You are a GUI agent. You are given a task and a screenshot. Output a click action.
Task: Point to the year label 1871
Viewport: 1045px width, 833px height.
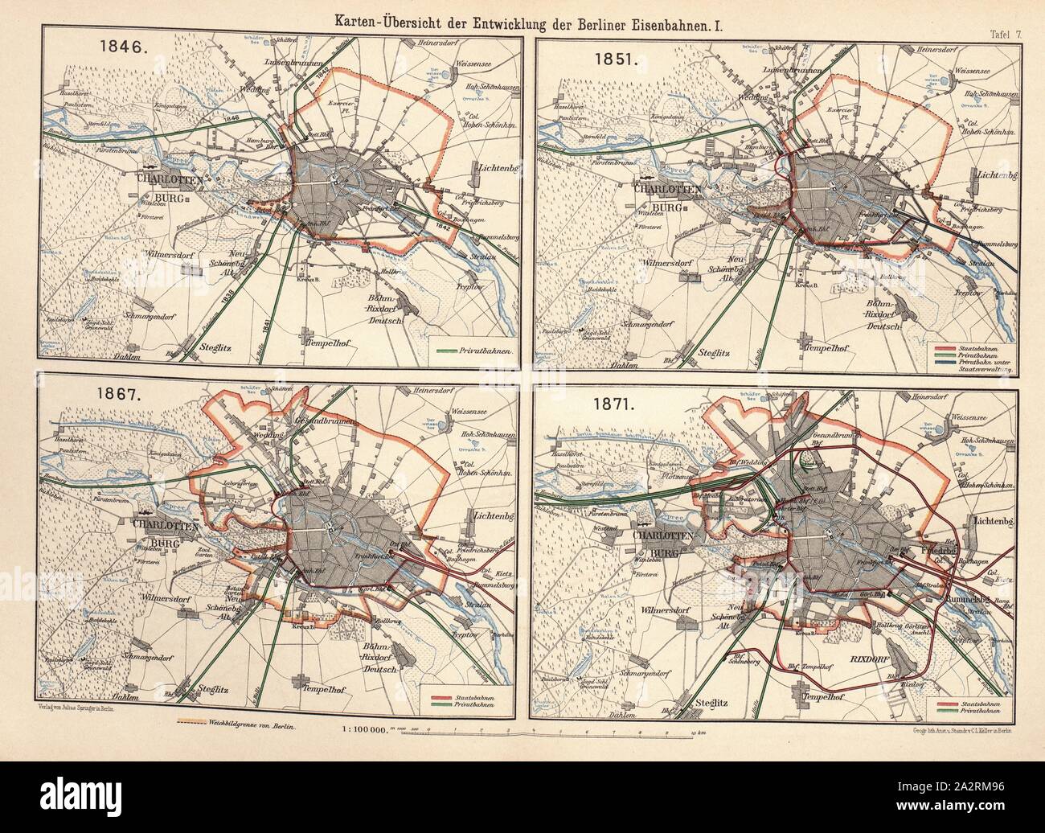click(612, 407)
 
